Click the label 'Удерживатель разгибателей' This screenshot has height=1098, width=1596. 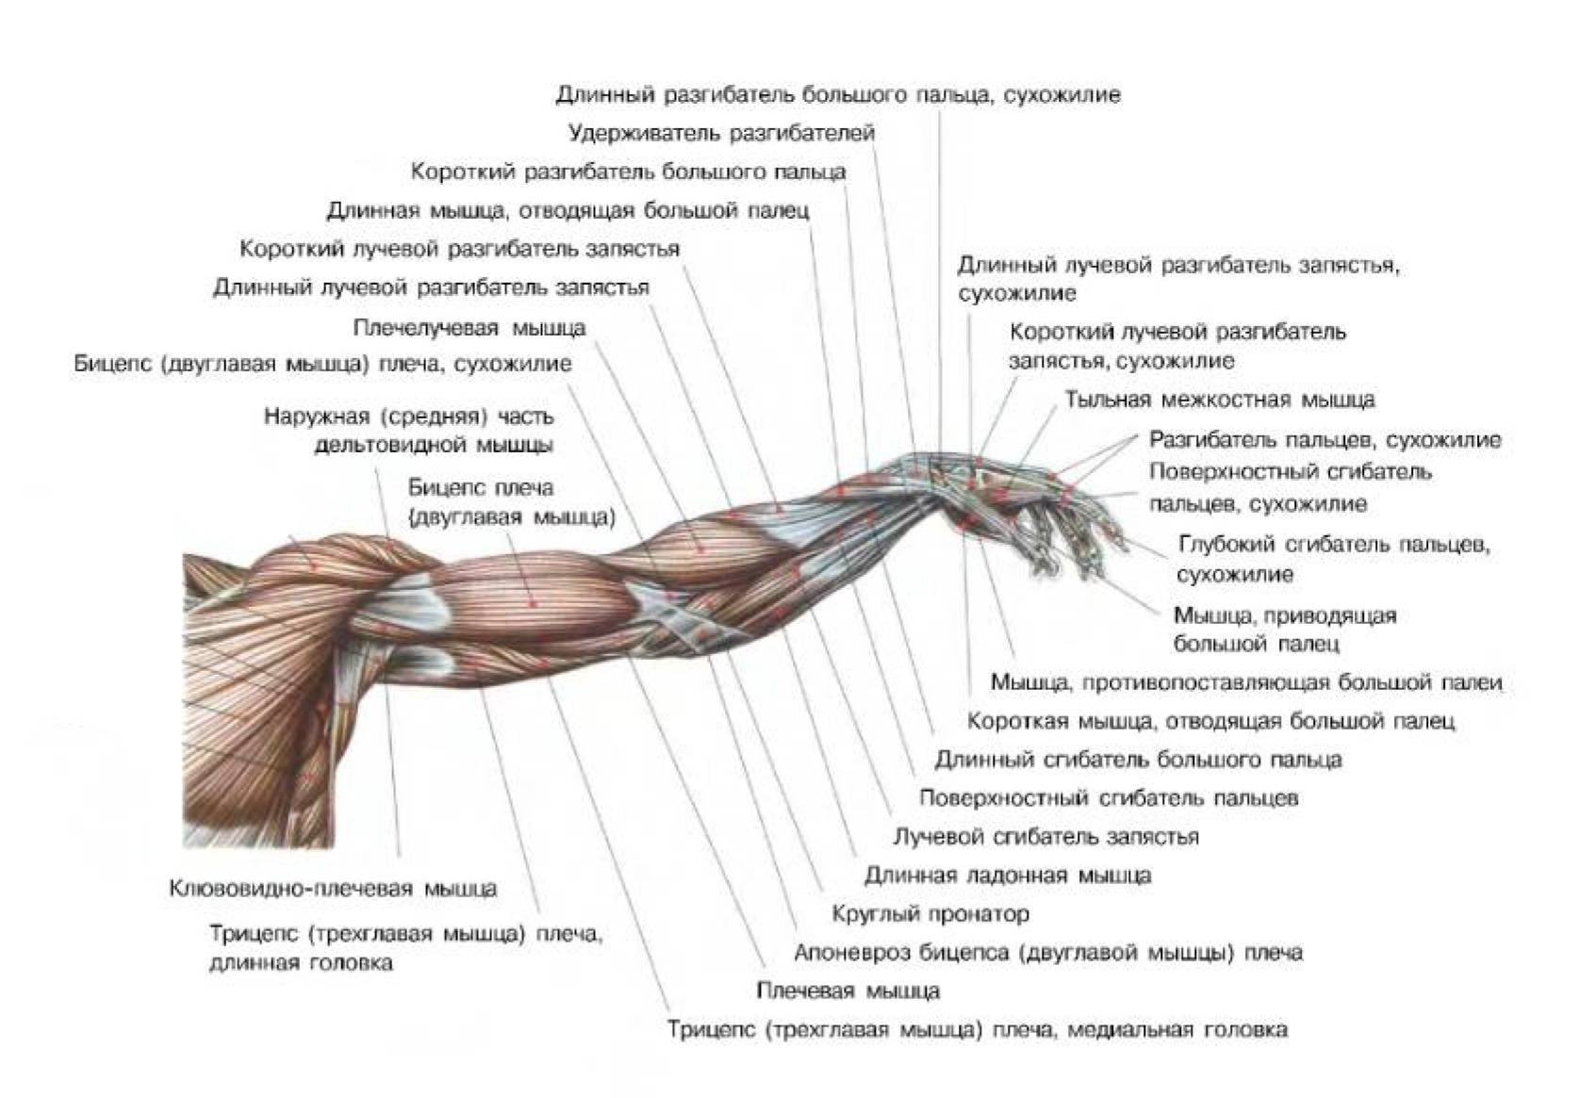coord(721,133)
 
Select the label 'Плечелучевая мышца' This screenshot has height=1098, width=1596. coord(469,328)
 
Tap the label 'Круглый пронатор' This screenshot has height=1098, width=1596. coord(930,913)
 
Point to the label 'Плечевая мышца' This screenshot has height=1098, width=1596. coord(847,991)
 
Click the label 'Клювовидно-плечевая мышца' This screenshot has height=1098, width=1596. coord(333,888)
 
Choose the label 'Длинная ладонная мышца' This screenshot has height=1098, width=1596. coord(1007,875)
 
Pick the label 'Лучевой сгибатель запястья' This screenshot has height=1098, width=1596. coord(1045,836)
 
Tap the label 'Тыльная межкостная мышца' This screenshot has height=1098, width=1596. coord(1219,400)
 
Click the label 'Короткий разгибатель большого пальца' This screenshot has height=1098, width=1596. coord(628,172)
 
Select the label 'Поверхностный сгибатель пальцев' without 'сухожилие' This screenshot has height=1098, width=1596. coord(1108,798)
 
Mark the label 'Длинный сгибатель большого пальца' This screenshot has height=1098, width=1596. coord(1138,760)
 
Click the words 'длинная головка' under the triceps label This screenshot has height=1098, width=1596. coord(301,963)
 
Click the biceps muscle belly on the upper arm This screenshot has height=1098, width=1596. coord(533,598)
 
